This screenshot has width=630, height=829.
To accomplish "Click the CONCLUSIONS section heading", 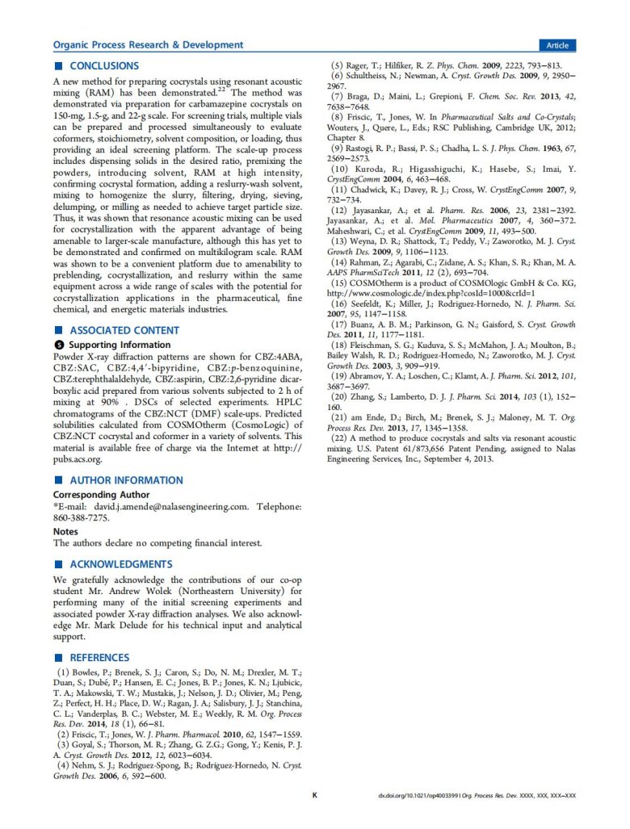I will [103, 66].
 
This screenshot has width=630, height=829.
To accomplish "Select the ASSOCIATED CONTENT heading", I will [124, 330].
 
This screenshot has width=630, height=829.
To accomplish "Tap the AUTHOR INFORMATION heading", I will [125, 480].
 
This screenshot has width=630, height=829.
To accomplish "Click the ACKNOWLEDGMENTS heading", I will [121, 564].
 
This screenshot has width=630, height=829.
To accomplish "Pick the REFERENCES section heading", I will [99, 658].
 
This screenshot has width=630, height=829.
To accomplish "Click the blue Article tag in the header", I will [557, 45].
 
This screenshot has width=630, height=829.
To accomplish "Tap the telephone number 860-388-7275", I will [81, 517].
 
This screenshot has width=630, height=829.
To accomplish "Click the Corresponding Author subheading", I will [101, 495].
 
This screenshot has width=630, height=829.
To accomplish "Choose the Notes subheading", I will [65, 532].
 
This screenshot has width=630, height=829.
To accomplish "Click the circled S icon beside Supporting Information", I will [57, 345].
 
